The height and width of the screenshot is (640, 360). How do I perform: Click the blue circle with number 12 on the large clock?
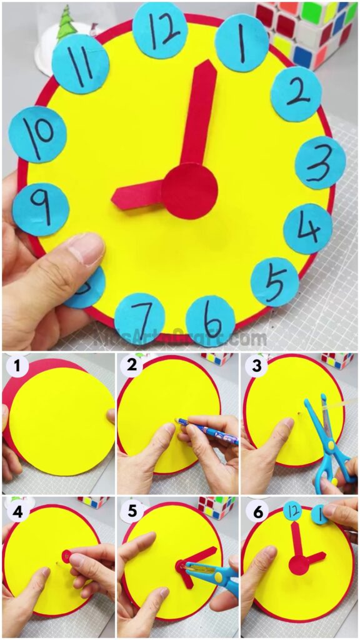(x=160, y=30)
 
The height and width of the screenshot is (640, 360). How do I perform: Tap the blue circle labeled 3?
(x=320, y=162)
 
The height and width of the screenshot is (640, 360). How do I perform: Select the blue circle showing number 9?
(x=41, y=209)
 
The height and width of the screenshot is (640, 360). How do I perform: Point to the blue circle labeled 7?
(x=139, y=319)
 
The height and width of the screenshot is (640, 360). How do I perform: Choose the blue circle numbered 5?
(x=274, y=282)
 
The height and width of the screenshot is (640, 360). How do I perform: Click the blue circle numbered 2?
(x=296, y=94)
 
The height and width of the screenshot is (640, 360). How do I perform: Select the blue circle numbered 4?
(x=307, y=229)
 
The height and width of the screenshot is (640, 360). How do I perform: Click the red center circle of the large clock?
(x=189, y=191)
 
